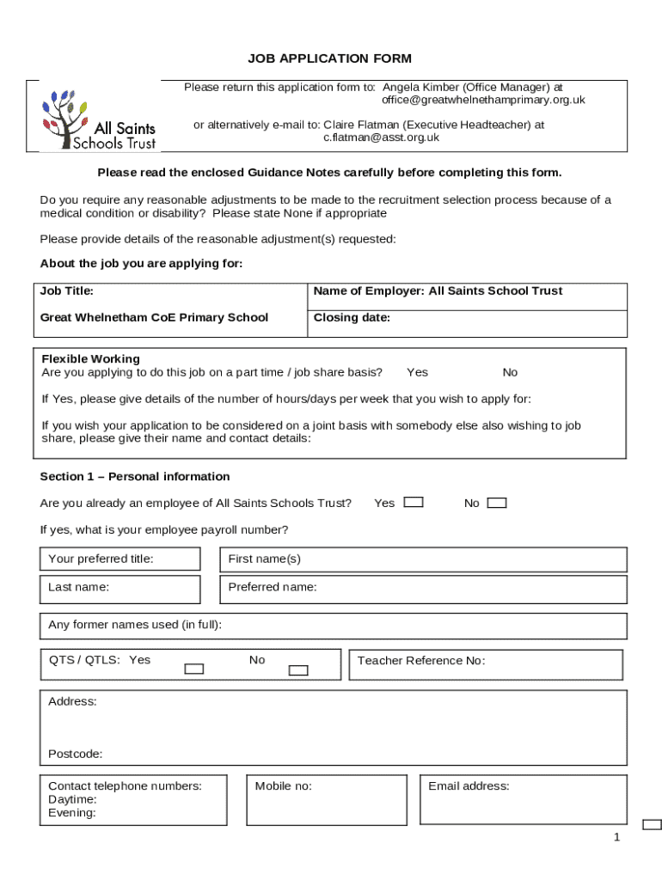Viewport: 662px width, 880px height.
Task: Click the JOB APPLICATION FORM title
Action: [330, 58]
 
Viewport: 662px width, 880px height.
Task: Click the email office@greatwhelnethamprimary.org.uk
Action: [483, 100]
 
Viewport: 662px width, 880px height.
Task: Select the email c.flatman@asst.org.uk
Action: [381, 137]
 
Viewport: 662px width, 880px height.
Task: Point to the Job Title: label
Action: [67, 291]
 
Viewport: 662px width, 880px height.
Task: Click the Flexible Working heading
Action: [90, 358]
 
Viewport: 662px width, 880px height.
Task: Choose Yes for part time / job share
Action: [417, 372]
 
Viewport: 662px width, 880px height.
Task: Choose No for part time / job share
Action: [510, 372]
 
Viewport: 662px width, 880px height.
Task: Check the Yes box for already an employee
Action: [414, 503]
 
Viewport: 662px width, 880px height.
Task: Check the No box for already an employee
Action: [497, 503]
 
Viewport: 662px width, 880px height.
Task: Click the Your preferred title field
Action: [120, 559]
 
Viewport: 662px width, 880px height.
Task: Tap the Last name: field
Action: [120, 589]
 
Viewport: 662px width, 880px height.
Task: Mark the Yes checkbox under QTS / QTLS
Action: [194, 669]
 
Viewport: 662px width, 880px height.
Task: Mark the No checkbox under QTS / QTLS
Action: [297, 669]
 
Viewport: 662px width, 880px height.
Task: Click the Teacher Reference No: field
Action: [485, 664]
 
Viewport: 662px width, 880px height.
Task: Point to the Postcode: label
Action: [75, 754]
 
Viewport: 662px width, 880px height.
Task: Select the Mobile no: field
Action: [326, 799]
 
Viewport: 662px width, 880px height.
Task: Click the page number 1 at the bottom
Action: [616, 838]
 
